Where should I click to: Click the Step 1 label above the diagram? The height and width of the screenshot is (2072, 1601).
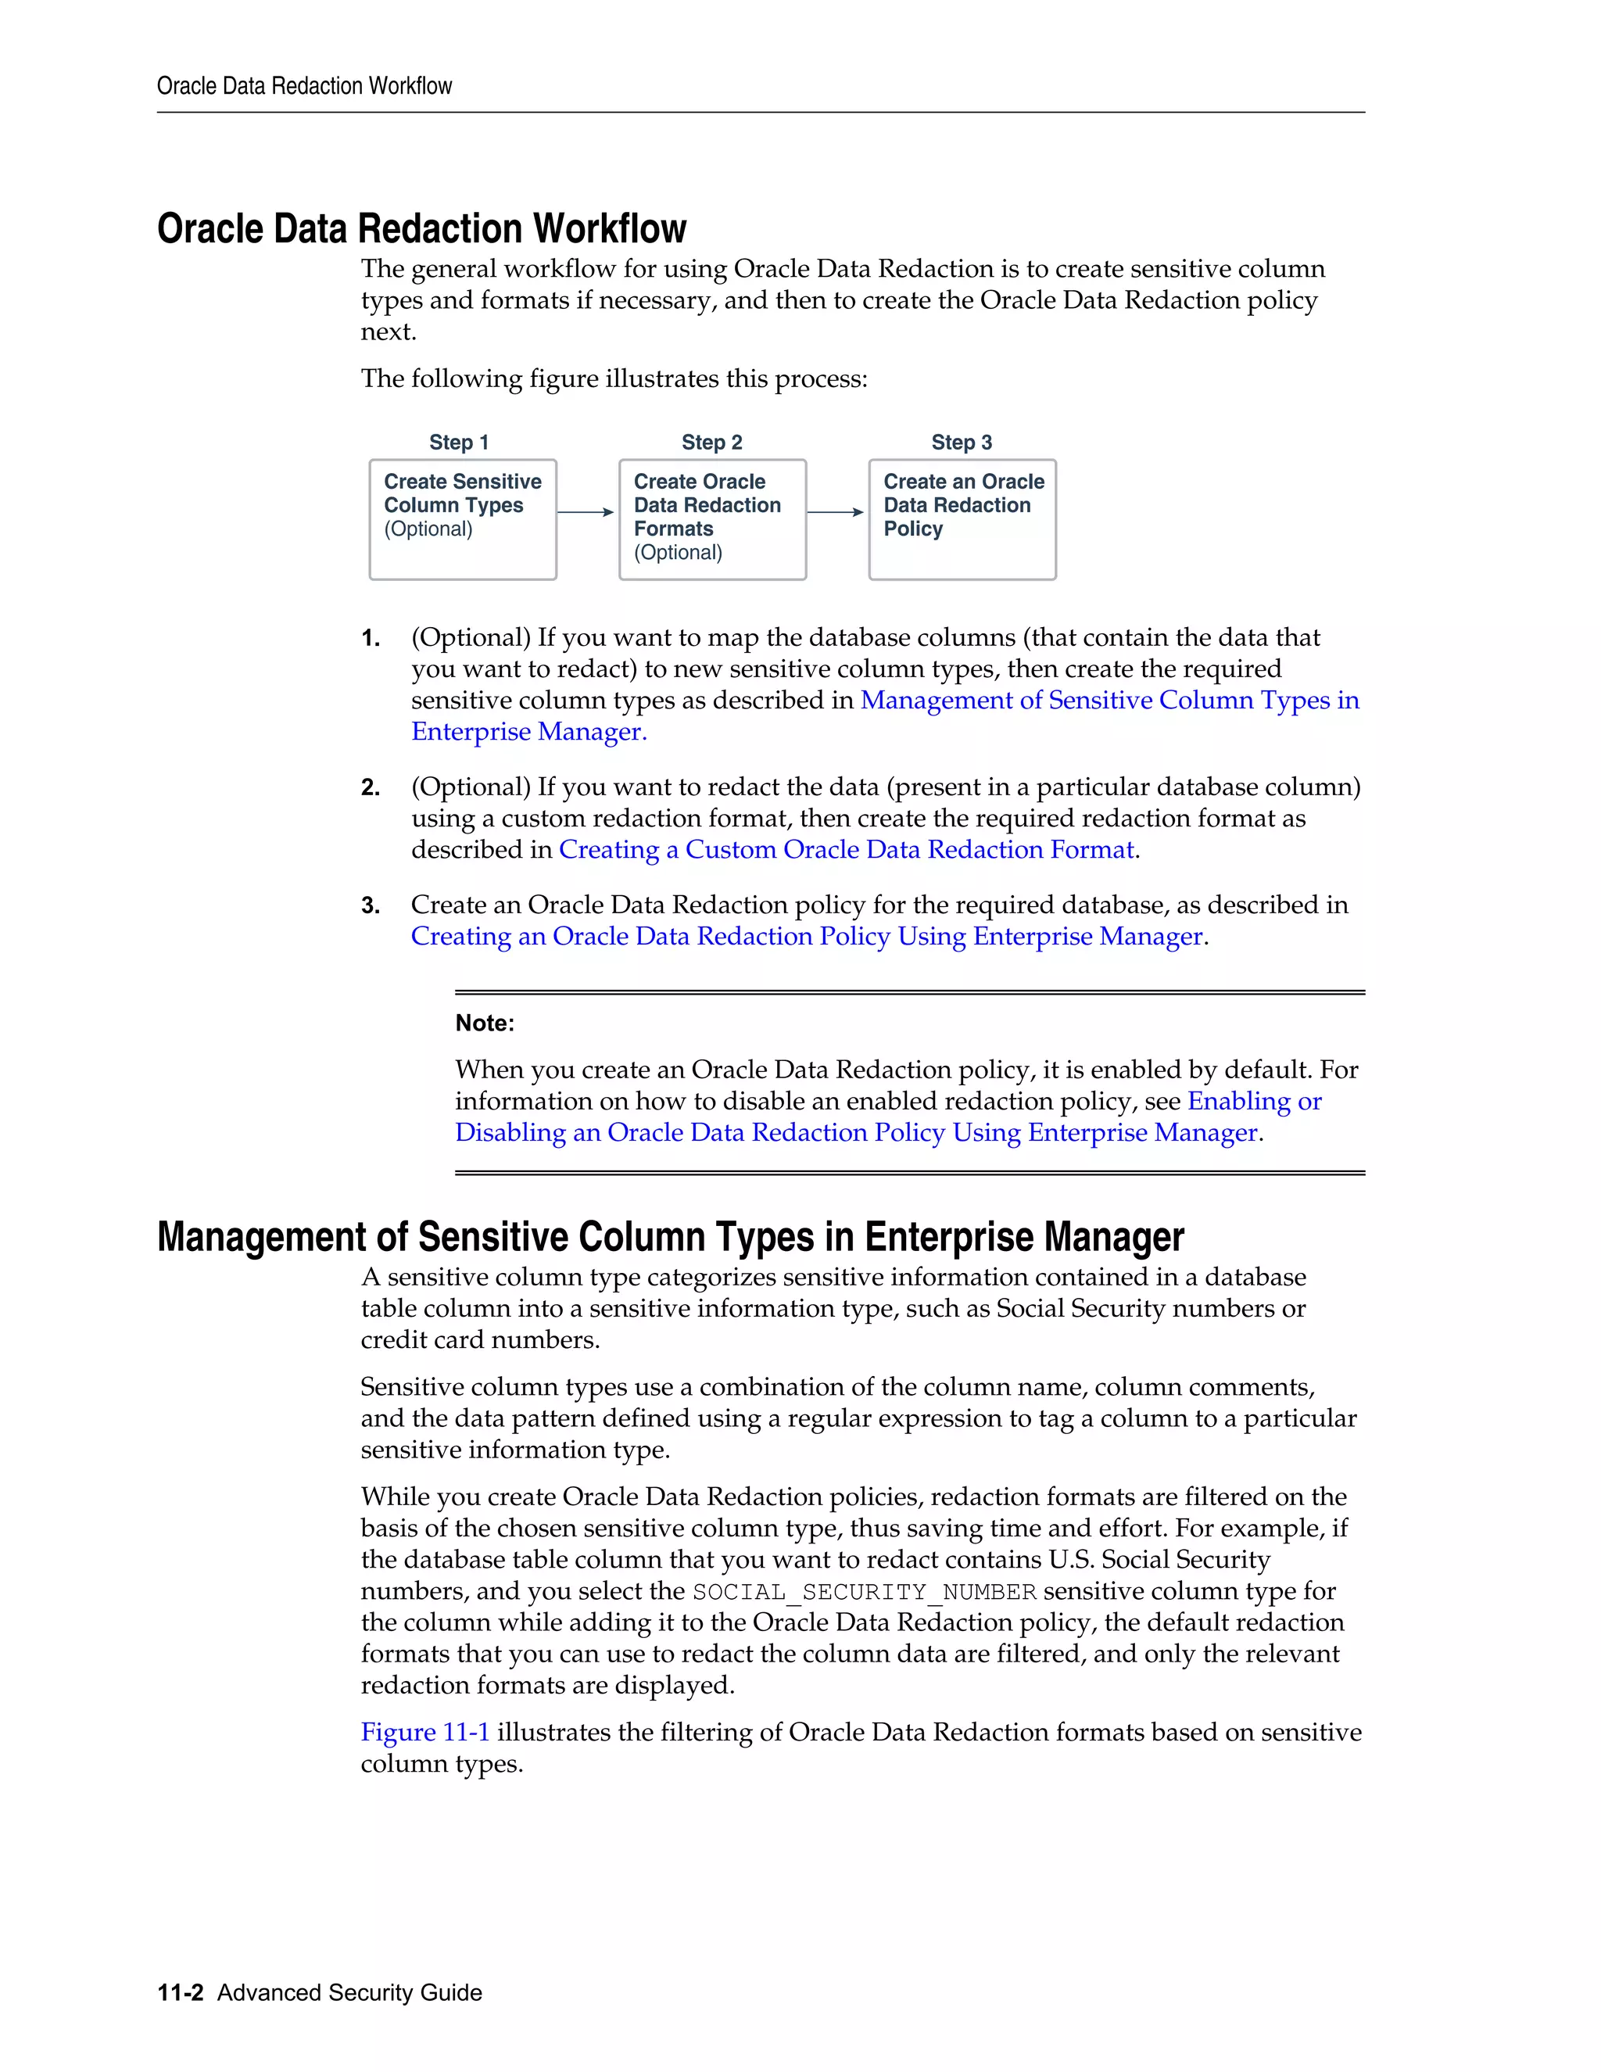458,442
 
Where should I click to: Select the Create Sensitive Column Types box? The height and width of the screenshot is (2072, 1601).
462,519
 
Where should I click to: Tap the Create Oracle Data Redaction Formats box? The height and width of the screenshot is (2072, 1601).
712,519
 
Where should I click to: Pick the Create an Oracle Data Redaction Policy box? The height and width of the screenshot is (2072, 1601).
962,519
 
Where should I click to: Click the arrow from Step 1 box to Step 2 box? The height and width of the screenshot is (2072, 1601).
586,512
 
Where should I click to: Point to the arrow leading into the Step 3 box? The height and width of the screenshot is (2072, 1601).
835,512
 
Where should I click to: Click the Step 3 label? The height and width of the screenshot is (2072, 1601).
961,442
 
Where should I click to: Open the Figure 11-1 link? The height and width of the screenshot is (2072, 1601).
425,1731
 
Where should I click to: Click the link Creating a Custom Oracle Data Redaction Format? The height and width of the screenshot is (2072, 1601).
846,849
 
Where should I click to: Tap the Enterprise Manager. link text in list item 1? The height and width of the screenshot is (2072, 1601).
528,732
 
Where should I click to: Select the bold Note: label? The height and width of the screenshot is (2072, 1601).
485,1023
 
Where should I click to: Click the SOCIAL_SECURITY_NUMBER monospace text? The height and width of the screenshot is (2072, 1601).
864,1592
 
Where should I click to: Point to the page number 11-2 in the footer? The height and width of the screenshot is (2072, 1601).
181,1992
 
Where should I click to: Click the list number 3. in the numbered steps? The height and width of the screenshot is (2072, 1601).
371,905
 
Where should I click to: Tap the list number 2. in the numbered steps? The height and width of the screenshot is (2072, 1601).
371,787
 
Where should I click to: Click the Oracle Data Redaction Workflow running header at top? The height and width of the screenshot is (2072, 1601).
304,86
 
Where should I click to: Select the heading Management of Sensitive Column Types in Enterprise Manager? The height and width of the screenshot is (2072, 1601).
670,1236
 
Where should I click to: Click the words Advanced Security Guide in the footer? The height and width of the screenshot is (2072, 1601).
349,1992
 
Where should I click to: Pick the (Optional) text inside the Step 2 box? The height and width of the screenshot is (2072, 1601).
677,552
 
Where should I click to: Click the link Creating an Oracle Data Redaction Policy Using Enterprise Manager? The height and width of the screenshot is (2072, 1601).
806,937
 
